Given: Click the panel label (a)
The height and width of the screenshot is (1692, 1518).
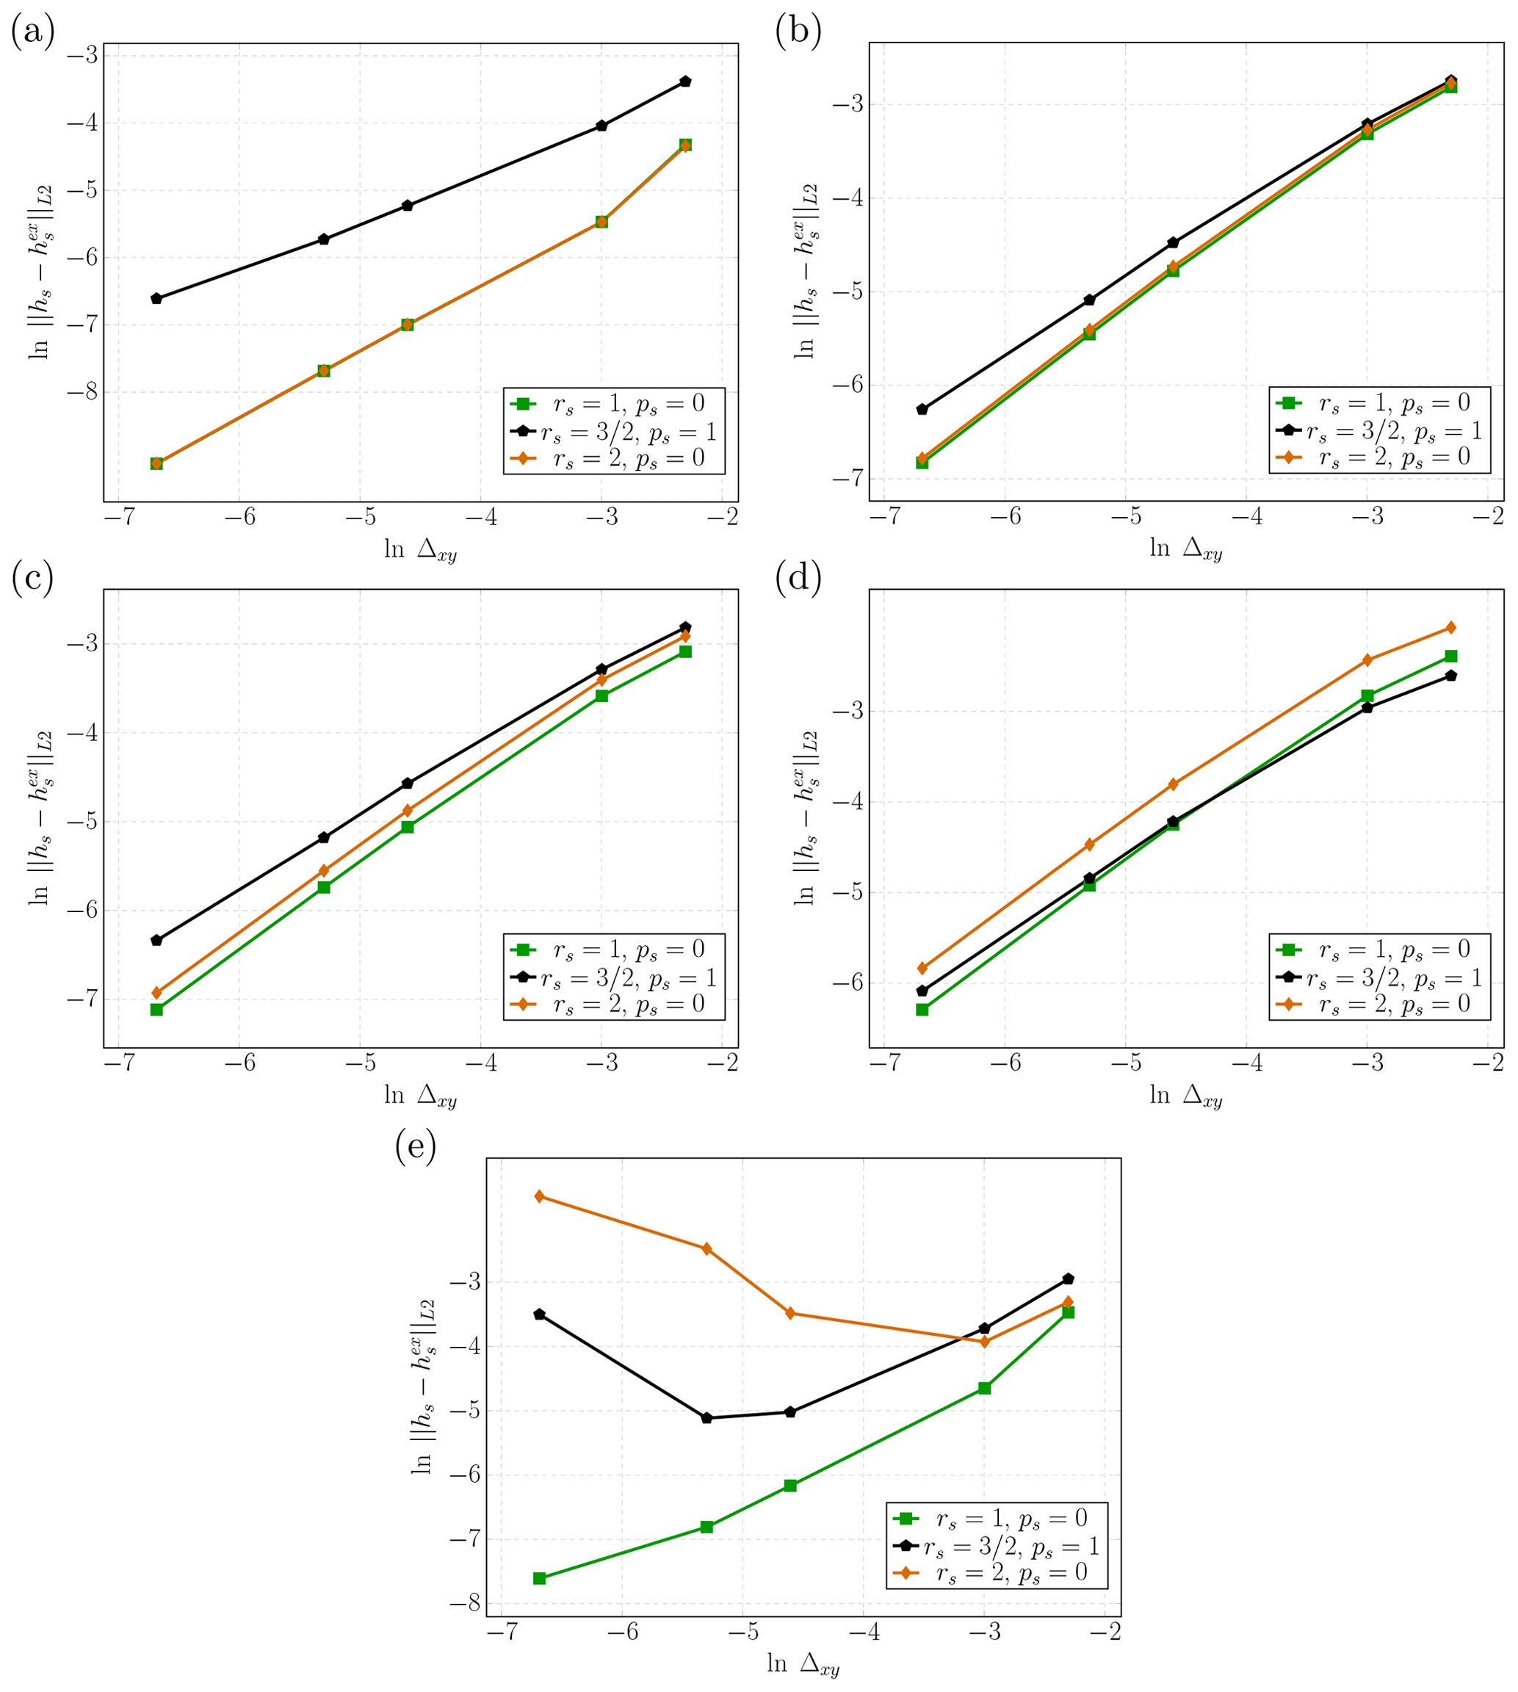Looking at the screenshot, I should (x=32, y=32).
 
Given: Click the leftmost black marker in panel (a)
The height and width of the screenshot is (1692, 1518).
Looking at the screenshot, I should (x=156, y=299).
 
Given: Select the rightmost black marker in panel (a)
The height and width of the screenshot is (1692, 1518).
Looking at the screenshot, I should (x=684, y=81).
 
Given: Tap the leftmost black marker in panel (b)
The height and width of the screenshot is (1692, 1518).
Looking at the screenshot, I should (x=922, y=410).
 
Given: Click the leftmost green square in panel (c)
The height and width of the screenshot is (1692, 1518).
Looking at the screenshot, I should (x=156, y=1009).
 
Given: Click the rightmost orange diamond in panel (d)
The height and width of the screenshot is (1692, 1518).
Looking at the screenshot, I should (x=1450, y=627).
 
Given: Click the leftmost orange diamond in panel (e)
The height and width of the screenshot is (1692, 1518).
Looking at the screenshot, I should (x=539, y=1196).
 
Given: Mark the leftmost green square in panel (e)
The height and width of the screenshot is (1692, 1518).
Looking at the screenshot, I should (x=539, y=1577).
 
